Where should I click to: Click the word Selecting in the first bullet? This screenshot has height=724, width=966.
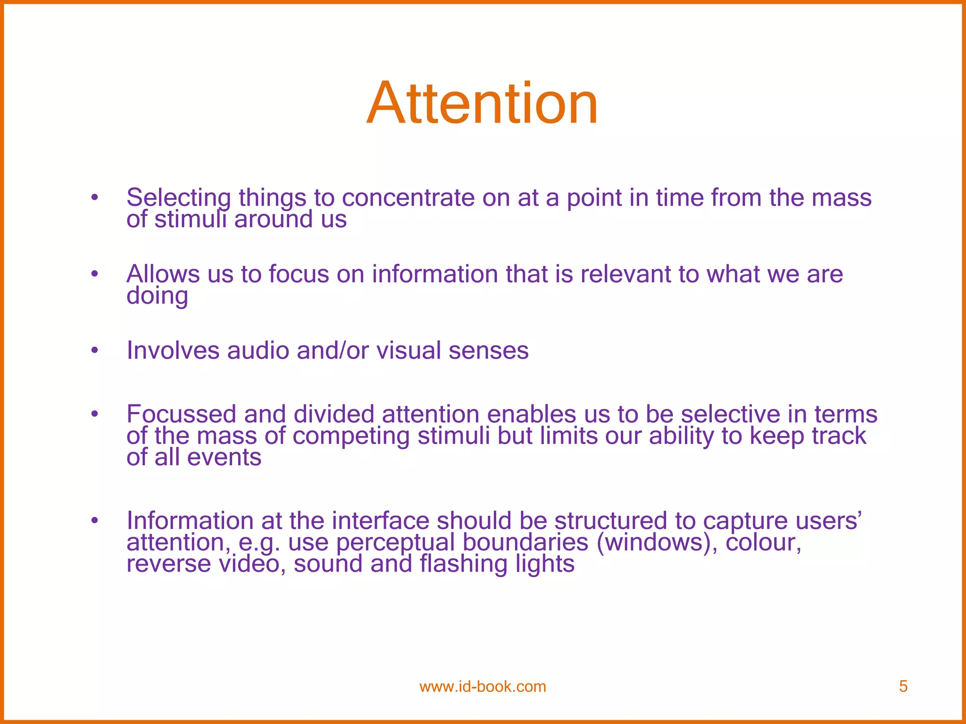point(178,198)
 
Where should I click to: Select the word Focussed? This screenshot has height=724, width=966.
point(181,414)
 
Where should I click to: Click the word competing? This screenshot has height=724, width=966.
point(351,436)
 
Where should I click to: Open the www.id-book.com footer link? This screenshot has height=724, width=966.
point(483,687)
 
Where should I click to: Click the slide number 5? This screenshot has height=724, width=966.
point(903,687)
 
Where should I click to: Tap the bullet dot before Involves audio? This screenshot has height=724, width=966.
point(95,350)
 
